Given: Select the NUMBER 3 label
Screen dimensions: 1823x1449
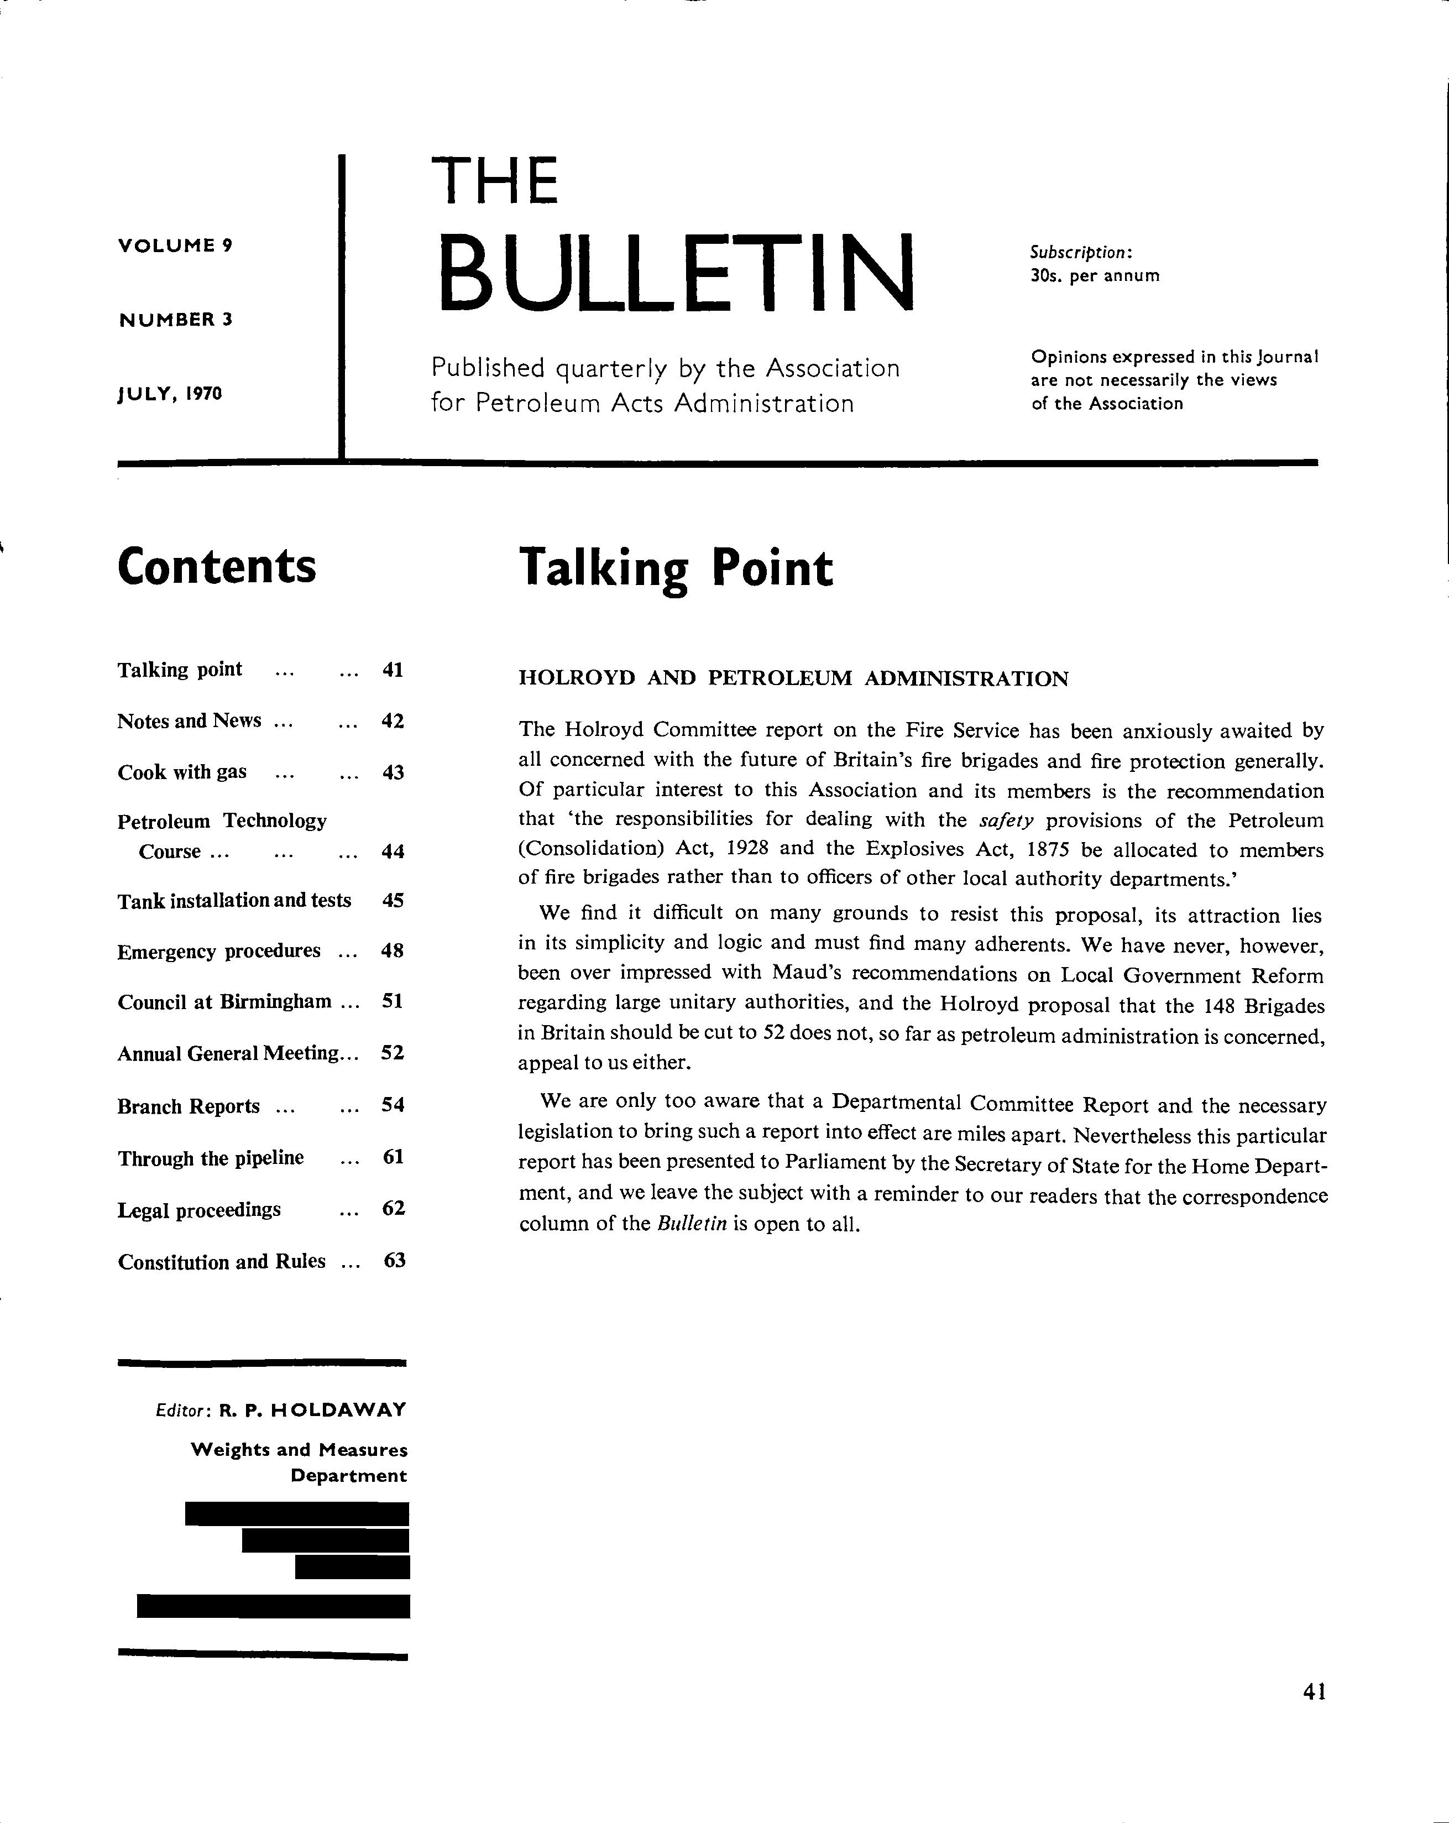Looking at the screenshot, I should (175, 320).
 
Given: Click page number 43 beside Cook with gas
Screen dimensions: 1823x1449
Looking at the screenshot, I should (393, 772).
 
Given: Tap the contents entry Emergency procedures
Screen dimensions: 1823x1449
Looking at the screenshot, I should (219, 951).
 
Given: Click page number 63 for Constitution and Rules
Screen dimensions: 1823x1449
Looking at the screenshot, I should (395, 1261).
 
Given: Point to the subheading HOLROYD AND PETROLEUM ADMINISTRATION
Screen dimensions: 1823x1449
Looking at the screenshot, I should (793, 679).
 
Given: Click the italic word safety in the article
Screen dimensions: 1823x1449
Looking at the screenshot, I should (1007, 820).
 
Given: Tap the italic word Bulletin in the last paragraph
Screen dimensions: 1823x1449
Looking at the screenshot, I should (692, 1224).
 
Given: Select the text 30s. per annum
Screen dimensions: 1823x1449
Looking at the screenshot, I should (1095, 276).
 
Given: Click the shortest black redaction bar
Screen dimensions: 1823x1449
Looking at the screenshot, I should (353, 1567).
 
